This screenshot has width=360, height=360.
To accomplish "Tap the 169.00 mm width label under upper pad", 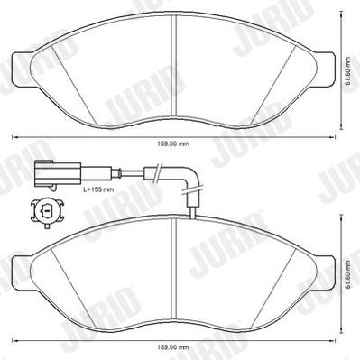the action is (173, 144).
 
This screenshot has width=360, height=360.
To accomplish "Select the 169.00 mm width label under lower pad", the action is (173, 347).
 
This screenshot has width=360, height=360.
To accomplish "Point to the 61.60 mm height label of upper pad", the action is (348, 71).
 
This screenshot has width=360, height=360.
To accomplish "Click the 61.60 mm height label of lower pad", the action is (348, 274).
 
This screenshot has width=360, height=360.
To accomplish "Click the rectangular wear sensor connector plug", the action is (58, 173).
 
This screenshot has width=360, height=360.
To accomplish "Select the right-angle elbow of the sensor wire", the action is (191, 178).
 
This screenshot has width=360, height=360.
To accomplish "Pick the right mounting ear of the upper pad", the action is (324, 69).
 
